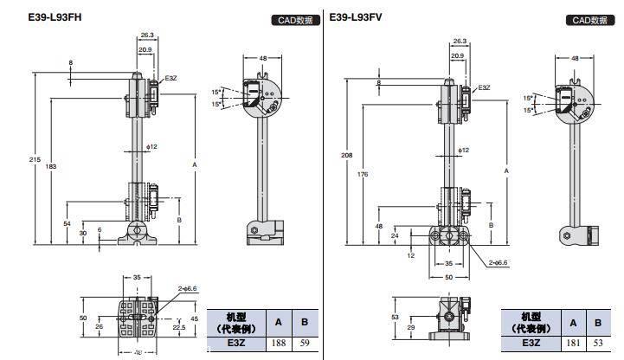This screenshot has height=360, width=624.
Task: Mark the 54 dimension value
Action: (68, 223)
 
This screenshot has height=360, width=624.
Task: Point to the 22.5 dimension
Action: (180, 327)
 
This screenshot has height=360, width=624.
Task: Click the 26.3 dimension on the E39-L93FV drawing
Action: (459, 41)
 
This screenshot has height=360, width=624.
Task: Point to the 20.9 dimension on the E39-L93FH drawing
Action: (145, 50)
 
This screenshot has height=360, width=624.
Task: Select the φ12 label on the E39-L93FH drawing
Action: (152, 146)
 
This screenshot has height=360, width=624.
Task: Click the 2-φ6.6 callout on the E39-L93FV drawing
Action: (499, 260)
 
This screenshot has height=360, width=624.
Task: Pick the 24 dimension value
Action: (394, 235)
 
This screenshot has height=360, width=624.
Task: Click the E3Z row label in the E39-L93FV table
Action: (529, 344)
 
